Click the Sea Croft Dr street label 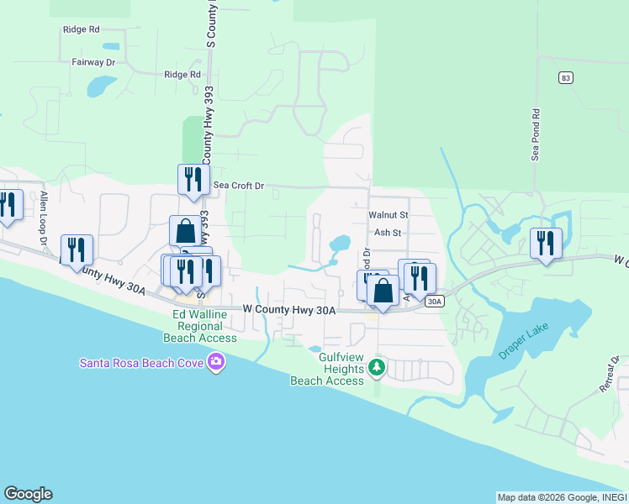coord(239,186)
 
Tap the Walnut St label coord(388,215)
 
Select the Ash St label coord(388,233)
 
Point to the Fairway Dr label coord(93,62)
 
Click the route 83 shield coord(566,77)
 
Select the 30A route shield coord(434,301)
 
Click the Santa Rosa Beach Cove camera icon coord(217,362)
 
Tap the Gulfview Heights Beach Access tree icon coord(378,366)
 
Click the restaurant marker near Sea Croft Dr coord(193,179)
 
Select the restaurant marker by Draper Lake coord(547,244)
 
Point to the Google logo coord(28,494)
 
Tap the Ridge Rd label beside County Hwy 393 coord(182,74)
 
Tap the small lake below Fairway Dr coord(101,86)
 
